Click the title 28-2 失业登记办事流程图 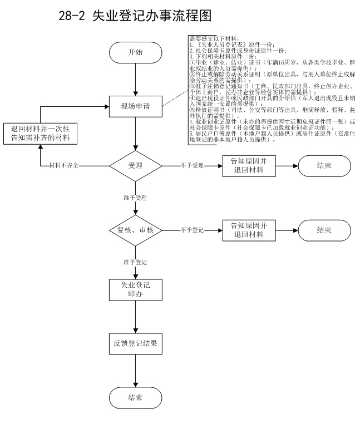[x=135, y=16]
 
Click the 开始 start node [x=135, y=53]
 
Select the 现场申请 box [x=135, y=106]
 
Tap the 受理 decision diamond [x=135, y=165]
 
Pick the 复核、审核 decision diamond [x=135, y=229]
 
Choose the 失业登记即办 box [x=135, y=290]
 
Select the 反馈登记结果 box [x=135, y=343]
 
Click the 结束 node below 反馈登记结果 [x=135, y=397]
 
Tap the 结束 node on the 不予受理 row [x=324, y=165]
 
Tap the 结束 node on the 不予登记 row [x=324, y=229]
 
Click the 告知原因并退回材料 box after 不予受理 [x=248, y=165]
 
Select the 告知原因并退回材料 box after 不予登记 [x=248, y=229]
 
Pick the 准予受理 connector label [x=135, y=198]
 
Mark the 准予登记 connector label [x=135, y=261]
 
